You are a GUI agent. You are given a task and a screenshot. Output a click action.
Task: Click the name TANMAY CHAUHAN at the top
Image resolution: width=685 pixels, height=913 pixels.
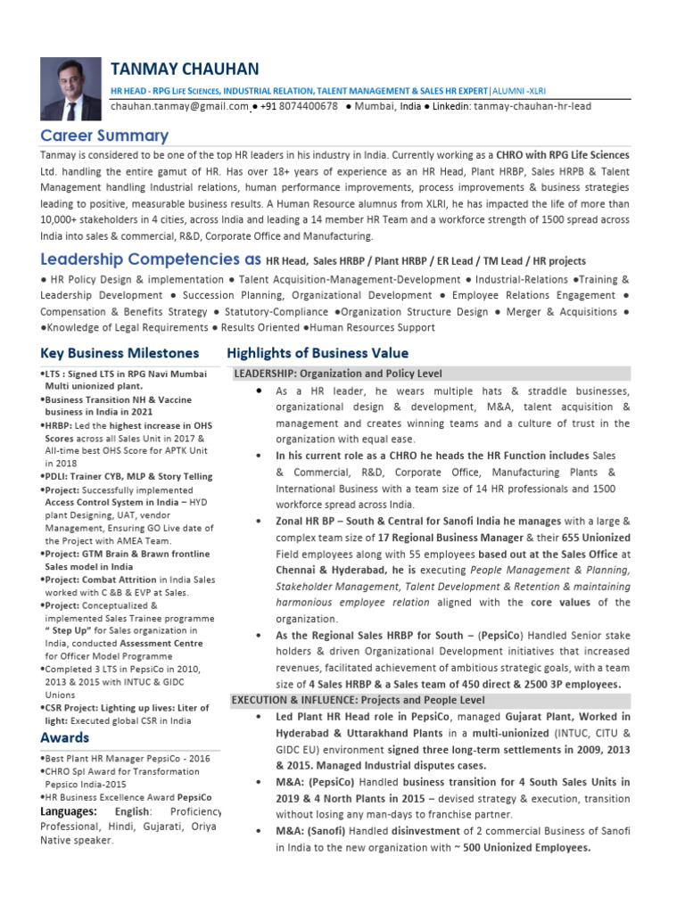185,70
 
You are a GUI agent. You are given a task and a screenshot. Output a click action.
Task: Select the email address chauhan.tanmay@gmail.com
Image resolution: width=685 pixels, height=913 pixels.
179,106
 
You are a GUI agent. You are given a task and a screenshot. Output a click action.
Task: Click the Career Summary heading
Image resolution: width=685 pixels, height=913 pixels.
104,136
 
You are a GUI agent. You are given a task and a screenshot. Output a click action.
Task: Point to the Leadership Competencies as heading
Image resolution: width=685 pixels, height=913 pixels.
151,259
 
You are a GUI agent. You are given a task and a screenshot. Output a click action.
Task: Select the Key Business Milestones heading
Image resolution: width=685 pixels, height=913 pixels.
120,353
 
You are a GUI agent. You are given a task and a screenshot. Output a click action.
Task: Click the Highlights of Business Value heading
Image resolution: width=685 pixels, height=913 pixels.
318,353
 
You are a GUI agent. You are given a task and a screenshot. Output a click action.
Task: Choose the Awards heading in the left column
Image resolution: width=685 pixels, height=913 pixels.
65,737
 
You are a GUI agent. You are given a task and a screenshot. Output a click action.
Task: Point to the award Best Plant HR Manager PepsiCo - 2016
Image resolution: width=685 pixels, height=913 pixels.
128,758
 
